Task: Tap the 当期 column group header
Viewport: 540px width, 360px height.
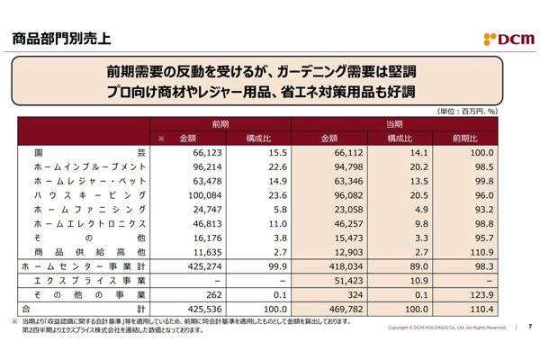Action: click(x=394, y=122)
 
